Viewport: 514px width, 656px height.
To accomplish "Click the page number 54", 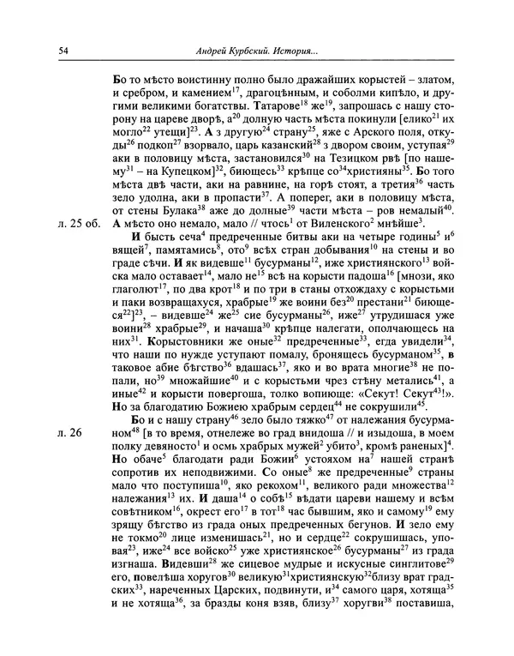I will (64, 50).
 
